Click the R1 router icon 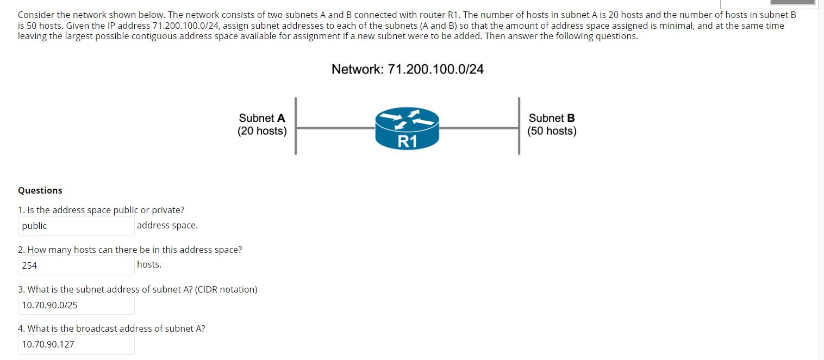pyautogui.click(x=407, y=128)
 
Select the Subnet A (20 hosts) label pyautogui.click(x=262, y=125)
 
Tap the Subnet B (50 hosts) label pyautogui.click(x=552, y=125)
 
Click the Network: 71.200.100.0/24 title pyautogui.click(x=407, y=69)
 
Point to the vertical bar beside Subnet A pyautogui.click(x=296, y=126)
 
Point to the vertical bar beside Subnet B pyautogui.click(x=519, y=126)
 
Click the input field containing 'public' pyautogui.click(x=76, y=226)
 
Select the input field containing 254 pyautogui.click(x=76, y=265)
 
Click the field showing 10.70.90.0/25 pyautogui.click(x=76, y=305)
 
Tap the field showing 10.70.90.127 pyautogui.click(x=76, y=344)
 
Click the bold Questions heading pyautogui.click(x=40, y=190)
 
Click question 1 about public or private pyautogui.click(x=101, y=210)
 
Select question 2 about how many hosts pyautogui.click(x=130, y=250)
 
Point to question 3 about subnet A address pyautogui.click(x=138, y=289)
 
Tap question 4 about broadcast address pyautogui.click(x=111, y=328)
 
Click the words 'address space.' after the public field pyautogui.click(x=167, y=225)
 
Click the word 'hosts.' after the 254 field pyautogui.click(x=149, y=264)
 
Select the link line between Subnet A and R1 pyautogui.click(x=335, y=128)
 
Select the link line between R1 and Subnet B pyautogui.click(x=479, y=128)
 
